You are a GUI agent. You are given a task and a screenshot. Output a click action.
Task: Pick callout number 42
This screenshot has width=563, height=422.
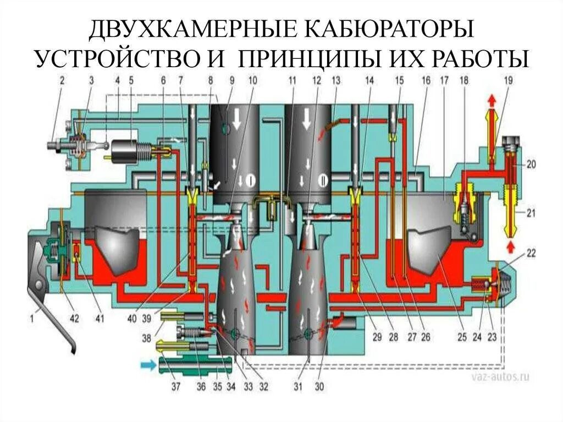pyautogui.click(x=74, y=318)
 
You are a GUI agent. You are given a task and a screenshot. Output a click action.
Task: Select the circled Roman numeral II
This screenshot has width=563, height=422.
pyautogui.click(x=322, y=179)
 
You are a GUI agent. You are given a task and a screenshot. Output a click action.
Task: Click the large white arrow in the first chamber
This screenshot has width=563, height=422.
pyautogui.click(x=237, y=120)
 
